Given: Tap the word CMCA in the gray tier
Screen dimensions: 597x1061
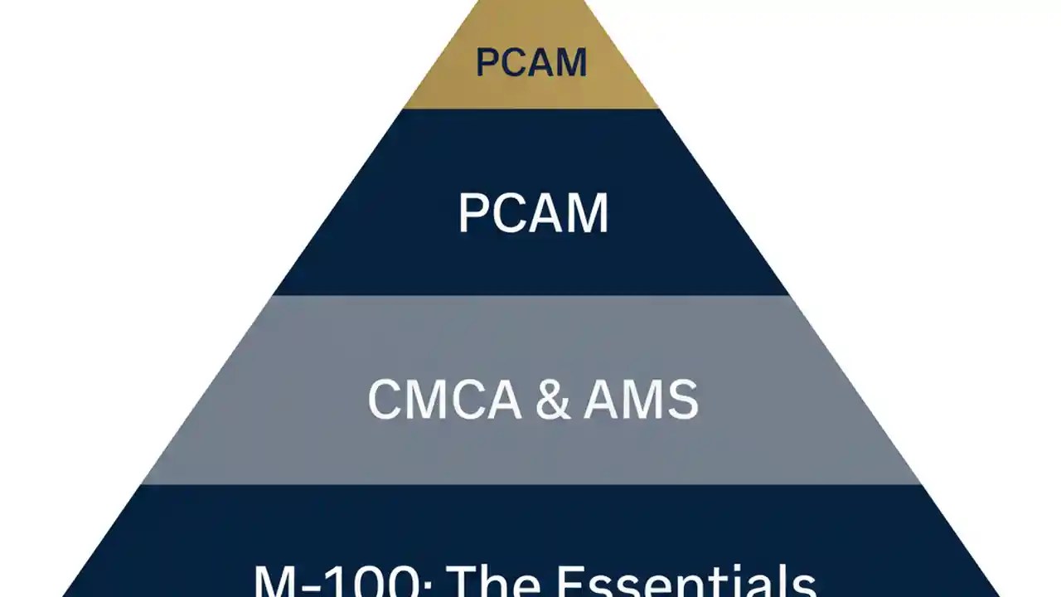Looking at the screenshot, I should [444, 400].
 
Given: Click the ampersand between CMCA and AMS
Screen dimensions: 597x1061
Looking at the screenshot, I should [553, 400].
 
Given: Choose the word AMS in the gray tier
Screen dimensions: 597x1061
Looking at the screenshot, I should [641, 400].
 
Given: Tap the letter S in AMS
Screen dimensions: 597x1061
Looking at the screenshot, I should [683, 400].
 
